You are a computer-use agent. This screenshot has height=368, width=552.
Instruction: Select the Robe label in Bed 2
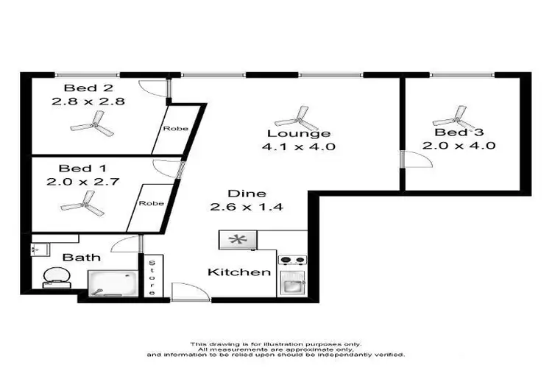[x=176, y=129]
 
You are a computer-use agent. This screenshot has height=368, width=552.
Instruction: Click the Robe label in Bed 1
[x=152, y=202]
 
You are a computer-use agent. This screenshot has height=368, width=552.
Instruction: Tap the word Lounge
[x=298, y=134]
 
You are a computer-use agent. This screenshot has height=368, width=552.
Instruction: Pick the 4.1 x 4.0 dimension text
[x=298, y=147]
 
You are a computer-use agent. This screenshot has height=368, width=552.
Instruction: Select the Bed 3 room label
[x=459, y=132]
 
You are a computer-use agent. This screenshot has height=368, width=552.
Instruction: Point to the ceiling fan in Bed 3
[x=452, y=116]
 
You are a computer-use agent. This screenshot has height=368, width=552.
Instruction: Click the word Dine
[x=241, y=194]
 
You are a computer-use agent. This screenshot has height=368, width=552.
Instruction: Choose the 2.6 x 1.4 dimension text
[x=241, y=207]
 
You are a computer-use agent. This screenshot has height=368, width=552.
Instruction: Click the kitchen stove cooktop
[x=292, y=260]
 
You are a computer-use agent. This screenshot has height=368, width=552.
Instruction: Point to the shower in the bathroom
[x=112, y=281]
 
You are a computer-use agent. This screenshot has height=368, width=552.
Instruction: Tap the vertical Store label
[x=152, y=277]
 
